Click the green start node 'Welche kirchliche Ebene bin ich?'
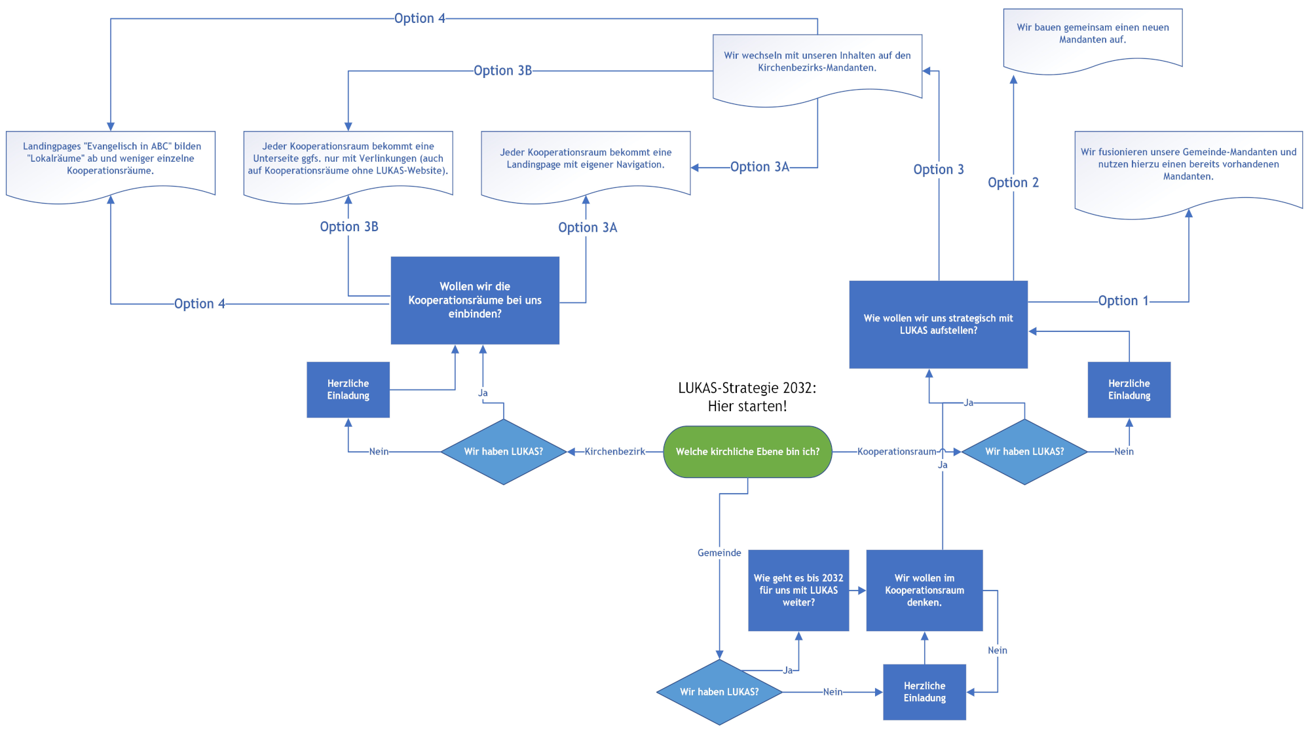click(x=747, y=452)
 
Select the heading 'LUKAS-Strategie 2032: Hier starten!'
click(x=747, y=397)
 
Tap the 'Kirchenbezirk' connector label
click(x=614, y=452)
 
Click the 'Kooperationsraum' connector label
click(x=897, y=452)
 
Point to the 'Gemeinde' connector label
click(x=719, y=553)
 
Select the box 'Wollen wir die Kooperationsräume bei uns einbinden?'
click(x=475, y=301)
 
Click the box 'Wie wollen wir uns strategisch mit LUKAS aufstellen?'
click(x=938, y=325)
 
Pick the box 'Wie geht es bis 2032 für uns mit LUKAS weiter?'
click(x=798, y=591)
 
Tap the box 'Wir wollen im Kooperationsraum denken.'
click(x=924, y=591)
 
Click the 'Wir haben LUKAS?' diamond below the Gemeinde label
click(x=719, y=692)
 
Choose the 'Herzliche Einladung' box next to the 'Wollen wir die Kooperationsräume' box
click(x=348, y=390)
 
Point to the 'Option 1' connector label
click(x=1123, y=301)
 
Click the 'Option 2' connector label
click(x=1013, y=183)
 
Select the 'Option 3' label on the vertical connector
click(x=939, y=170)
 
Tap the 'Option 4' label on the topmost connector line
click(x=419, y=18)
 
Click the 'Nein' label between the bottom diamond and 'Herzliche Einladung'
click(x=833, y=692)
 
